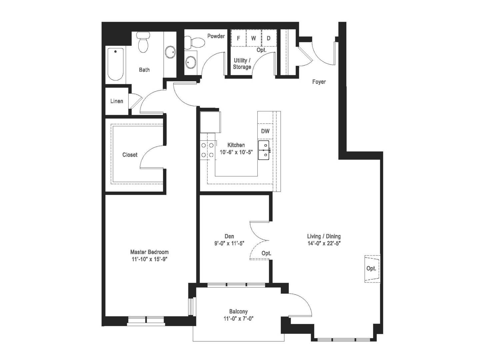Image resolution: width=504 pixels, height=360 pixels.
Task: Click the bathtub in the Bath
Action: [x=115, y=64]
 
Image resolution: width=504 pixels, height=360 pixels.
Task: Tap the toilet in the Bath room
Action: [x=143, y=42]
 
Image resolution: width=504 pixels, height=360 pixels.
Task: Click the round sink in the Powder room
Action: [x=191, y=62]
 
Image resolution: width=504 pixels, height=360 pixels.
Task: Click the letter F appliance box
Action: [x=239, y=38]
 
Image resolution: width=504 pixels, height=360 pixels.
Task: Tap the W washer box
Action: [x=254, y=38]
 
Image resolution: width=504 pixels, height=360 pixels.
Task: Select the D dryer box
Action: [x=269, y=38]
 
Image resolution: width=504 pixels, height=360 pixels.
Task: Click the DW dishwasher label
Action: [x=265, y=131]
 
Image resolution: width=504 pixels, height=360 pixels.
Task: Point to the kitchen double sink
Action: [x=264, y=150]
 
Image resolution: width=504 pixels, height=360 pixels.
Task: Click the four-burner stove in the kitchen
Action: [x=207, y=150]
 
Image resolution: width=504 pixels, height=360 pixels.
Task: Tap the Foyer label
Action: [x=319, y=82]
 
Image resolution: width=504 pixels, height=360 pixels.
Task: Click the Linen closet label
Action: [x=117, y=101]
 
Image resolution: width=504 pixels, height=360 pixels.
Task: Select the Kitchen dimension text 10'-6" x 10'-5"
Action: [x=236, y=152]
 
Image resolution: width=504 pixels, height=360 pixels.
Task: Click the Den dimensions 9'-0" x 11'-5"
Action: [x=229, y=243]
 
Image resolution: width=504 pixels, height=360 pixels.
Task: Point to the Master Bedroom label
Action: [x=149, y=252]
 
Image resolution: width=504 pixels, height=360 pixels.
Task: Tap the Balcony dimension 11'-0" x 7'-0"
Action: [x=239, y=318]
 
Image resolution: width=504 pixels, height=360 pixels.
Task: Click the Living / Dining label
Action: [x=324, y=236]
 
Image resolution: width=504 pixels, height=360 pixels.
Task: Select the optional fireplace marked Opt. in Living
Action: [x=372, y=269]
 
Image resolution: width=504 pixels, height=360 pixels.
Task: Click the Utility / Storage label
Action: [x=242, y=64]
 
